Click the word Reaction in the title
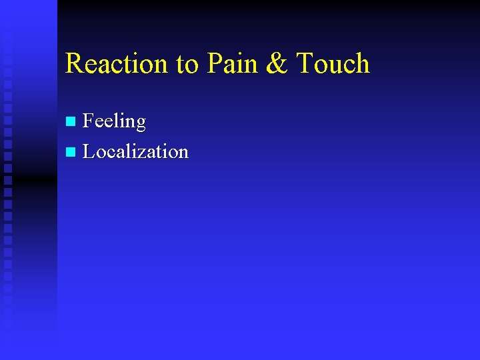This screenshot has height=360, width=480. click(117, 64)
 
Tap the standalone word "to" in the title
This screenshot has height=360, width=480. click(188, 64)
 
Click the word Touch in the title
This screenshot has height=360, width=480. click(333, 64)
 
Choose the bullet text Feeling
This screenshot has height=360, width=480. click(114, 121)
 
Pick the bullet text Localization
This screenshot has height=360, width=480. click(135, 152)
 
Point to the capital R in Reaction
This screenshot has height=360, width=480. click(74, 64)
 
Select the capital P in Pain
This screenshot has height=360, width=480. click(215, 64)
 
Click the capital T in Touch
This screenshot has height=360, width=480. click(305, 64)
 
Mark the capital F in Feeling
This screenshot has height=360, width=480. click(87, 121)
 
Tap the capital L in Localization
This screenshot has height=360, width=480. click(87, 152)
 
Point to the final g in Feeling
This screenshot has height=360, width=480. click(140, 124)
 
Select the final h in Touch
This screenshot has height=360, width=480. click(361, 64)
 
